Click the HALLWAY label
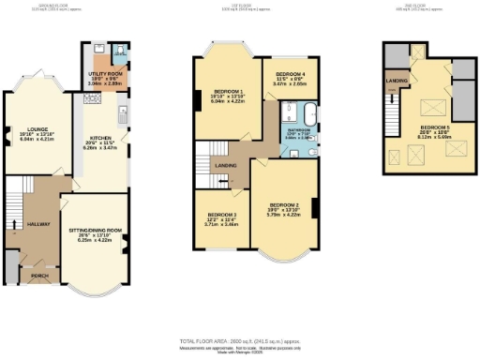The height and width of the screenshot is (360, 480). [39, 225]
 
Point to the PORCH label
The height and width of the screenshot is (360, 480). [40, 277]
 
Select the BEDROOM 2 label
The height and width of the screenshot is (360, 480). [284, 204]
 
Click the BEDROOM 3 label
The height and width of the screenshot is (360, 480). [221, 216]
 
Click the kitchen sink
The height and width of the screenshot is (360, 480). [123, 114]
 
